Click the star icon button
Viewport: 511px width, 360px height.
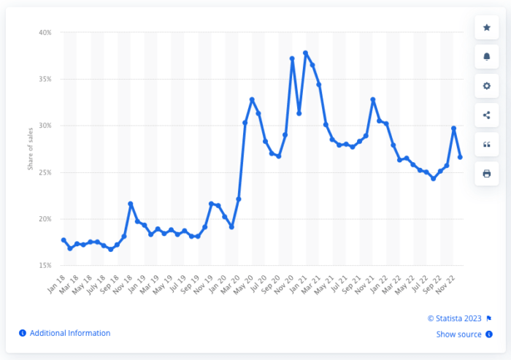tap(487, 28)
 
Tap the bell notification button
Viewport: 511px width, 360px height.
tap(487, 57)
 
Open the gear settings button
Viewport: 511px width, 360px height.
tap(487, 86)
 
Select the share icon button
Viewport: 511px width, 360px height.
tap(487, 115)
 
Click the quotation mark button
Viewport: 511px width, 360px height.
tap(487, 145)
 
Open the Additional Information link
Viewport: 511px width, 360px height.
tap(65, 333)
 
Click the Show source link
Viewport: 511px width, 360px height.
tap(458, 334)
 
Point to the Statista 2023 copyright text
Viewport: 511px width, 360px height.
tap(455, 318)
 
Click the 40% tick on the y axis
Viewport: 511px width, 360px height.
tap(45, 33)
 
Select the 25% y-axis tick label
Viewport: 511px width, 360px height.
tap(45, 172)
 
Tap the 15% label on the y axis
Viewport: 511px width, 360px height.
tap(45, 265)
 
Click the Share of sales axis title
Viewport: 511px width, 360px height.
tap(31, 149)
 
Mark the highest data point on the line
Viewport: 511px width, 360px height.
tap(306, 53)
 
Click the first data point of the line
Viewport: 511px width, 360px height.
tap(64, 240)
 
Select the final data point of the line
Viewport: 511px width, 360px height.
tap(460, 157)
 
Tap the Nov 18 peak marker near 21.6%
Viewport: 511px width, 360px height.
tap(131, 204)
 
